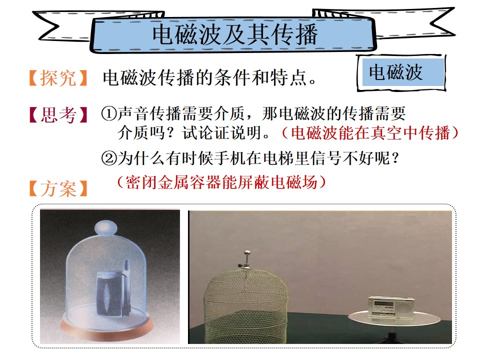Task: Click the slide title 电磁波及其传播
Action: [235, 34]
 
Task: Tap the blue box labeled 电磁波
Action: [403, 72]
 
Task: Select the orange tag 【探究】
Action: [58, 78]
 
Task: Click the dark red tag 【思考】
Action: [58, 115]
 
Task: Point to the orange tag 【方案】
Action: [58, 188]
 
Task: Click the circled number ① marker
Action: [109, 113]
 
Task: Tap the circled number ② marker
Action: [109, 158]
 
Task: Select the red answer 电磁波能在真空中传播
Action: [370, 133]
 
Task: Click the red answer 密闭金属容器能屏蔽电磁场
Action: [221, 182]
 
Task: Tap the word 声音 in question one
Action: [133, 113]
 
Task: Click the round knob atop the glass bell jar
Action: [105, 228]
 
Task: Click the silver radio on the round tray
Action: [391, 306]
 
